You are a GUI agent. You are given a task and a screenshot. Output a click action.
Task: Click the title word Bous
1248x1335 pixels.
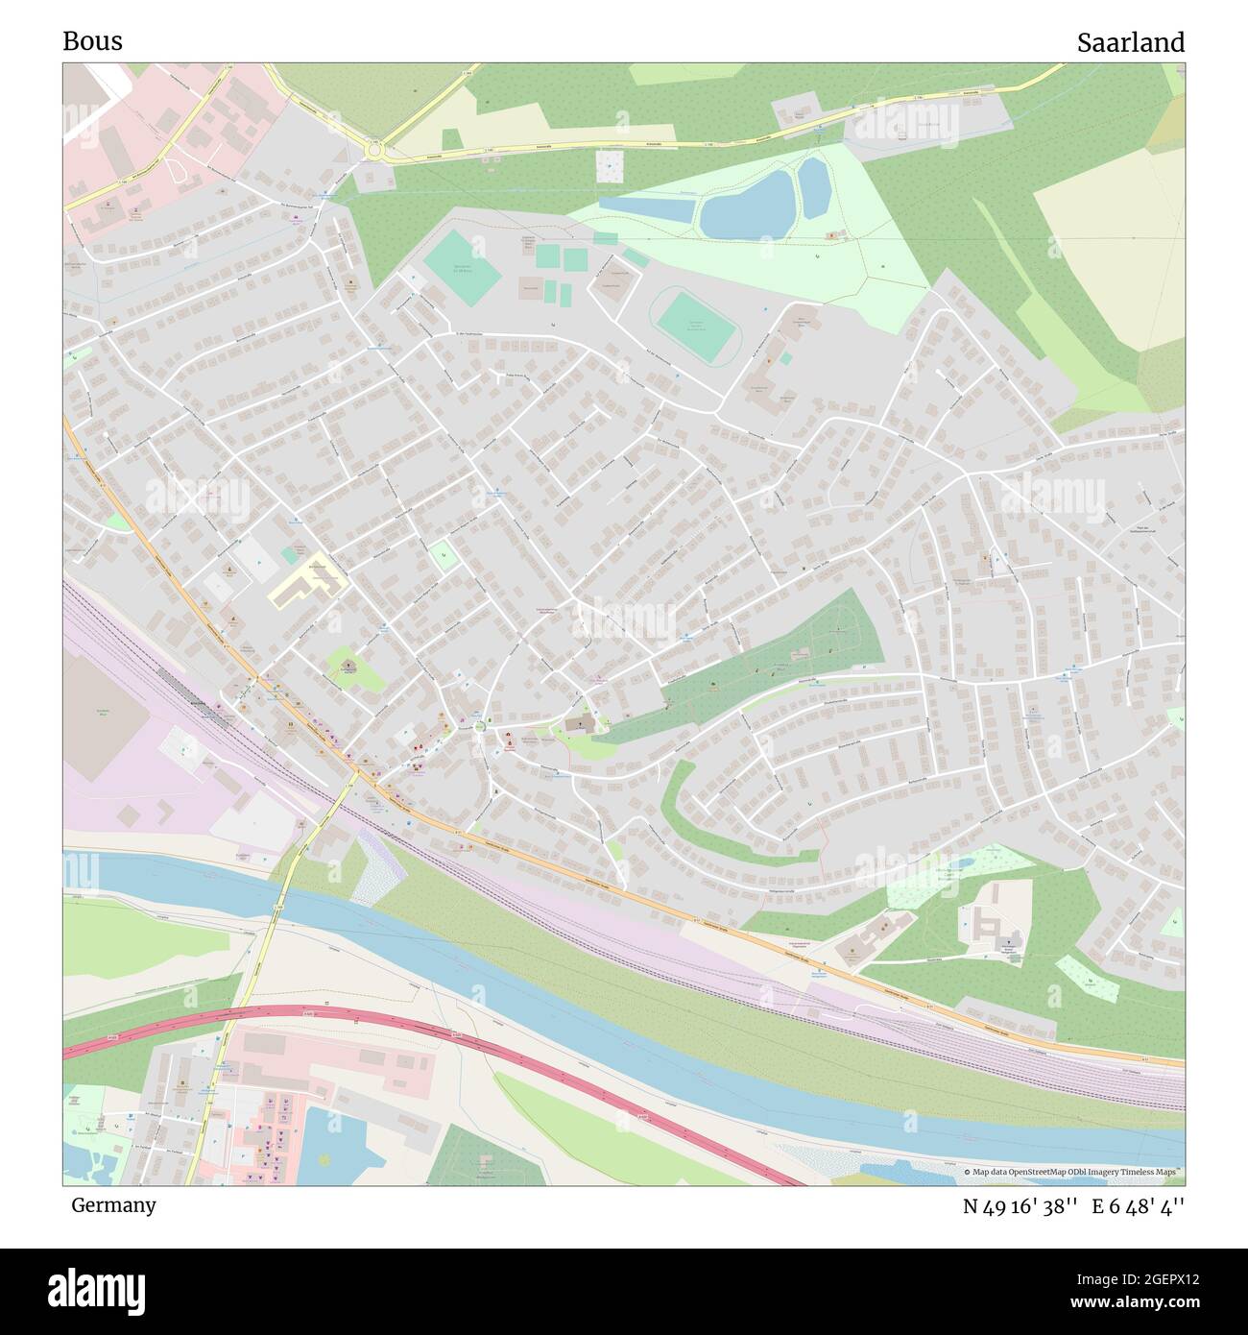point(92,41)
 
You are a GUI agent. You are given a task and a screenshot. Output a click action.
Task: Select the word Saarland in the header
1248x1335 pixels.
point(1130,42)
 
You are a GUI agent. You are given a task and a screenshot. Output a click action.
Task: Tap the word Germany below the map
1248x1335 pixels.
point(113,1204)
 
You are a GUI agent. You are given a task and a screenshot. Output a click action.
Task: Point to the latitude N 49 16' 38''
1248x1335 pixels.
point(1021,1206)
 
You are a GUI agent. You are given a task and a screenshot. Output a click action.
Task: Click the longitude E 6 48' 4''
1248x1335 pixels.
point(1139,1206)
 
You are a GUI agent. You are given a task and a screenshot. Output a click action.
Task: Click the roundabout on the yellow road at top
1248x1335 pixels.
point(373,150)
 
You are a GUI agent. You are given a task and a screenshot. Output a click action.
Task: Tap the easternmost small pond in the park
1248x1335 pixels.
point(814,186)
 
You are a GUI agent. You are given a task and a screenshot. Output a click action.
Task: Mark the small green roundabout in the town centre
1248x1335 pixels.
point(479,728)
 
